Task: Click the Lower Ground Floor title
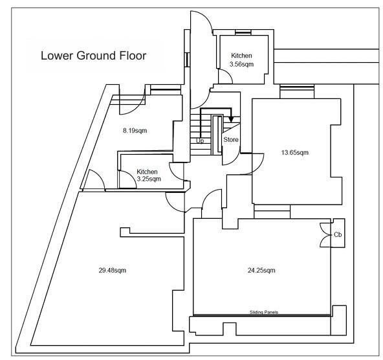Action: pos(94,56)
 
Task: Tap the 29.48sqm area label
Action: pos(113,270)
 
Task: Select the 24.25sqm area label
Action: pos(261,270)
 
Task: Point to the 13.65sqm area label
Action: pos(295,153)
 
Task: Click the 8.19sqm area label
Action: pos(135,131)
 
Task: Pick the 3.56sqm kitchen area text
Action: pos(241,64)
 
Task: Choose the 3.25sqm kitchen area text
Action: pos(149,179)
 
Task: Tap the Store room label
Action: pos(231,140)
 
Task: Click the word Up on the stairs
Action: pos(200,141)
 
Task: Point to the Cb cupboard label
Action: pos(338,234)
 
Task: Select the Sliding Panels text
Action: pos(264,312)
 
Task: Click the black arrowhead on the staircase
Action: pos(231,120)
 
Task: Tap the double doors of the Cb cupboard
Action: pos(325,235)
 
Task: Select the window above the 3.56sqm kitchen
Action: pos(243,32)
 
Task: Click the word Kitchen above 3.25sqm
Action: pos(147,172)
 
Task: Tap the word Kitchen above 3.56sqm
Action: pos(241,56)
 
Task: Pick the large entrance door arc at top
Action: pos(208,19)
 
